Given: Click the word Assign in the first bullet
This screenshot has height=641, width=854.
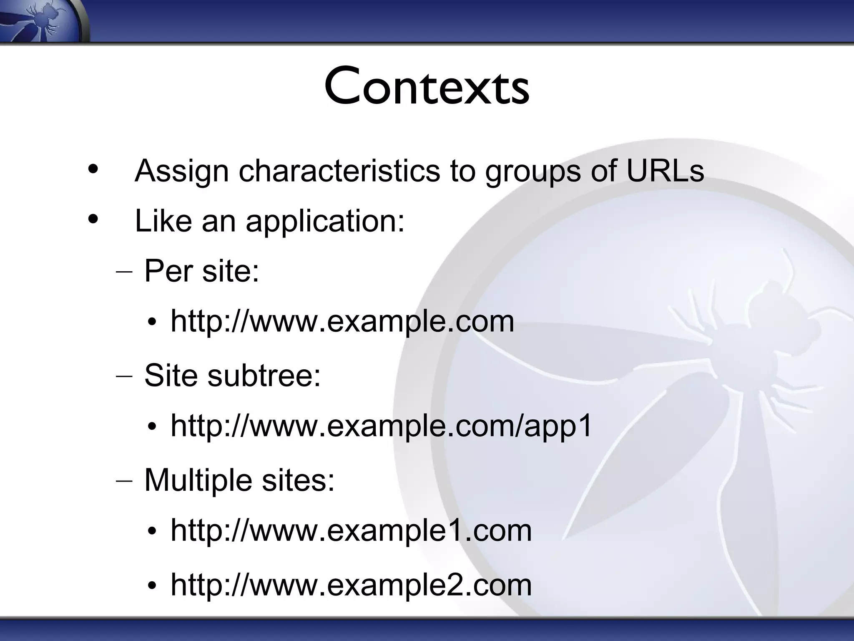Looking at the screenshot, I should click(x=181, y=171).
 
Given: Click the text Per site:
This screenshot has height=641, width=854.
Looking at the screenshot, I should click(x=201, y=271).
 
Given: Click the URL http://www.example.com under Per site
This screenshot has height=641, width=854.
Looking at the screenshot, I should click(x=342, y=321).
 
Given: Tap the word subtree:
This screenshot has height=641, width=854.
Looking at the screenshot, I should click(x=264, y=375).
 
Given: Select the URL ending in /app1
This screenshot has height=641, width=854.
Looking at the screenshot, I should click(x=381, y=426).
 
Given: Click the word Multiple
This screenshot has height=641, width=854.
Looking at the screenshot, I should click(x=198, y=480).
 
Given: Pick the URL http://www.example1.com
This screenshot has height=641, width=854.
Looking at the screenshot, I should click(x=351, y=530).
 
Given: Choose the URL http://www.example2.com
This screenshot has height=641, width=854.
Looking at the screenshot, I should click(x=351, y=585).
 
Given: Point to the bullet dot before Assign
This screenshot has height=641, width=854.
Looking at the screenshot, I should click(x=93, y=169).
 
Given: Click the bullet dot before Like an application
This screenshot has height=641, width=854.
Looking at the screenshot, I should click(x=93, y=219).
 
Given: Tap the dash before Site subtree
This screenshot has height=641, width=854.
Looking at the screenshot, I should click(x=124, y=376).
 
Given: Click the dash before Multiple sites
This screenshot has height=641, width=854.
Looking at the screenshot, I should click(x=124, y=481).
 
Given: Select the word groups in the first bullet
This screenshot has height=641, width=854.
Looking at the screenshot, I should click(x=532, y=171).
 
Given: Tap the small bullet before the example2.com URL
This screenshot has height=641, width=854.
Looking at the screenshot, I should click(x=152, y=586).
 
